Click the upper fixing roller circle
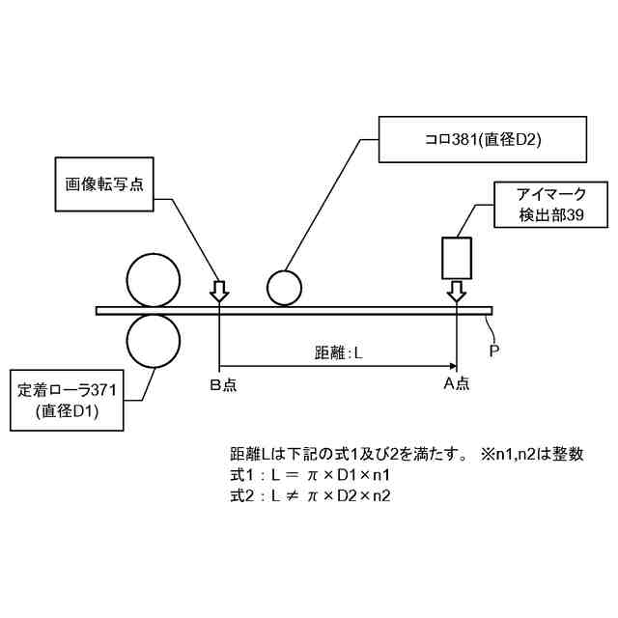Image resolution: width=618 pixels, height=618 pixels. pos(154,279)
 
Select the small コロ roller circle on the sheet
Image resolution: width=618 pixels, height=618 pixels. pos(285,287)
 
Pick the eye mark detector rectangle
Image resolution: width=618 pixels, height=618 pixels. pos(456,257)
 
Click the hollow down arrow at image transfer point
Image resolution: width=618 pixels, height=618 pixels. pos(220,291)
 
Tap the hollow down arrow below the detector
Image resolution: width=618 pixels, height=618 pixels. pos(456,291)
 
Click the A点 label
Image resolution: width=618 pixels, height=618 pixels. pos(456,385)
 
